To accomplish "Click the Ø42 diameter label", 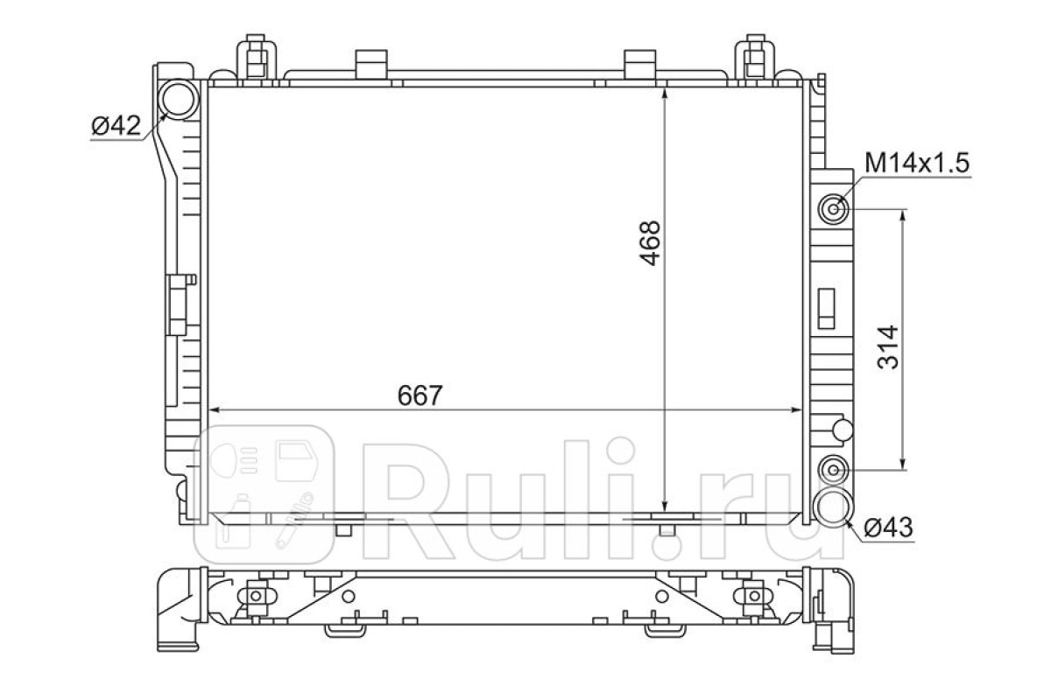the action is pos(116,126).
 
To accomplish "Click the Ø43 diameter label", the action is pos(888,528).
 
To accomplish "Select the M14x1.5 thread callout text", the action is pos(917,163).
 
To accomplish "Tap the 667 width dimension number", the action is pos(420,395).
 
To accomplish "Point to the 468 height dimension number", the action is pos(650,243).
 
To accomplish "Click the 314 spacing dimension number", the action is pos(887,347).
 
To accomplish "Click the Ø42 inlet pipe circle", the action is pos(179,99).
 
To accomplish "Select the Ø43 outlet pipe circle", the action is pos(833,507).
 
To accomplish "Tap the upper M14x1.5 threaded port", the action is pos(833,208).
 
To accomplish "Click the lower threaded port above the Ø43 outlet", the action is pos(833,469).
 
